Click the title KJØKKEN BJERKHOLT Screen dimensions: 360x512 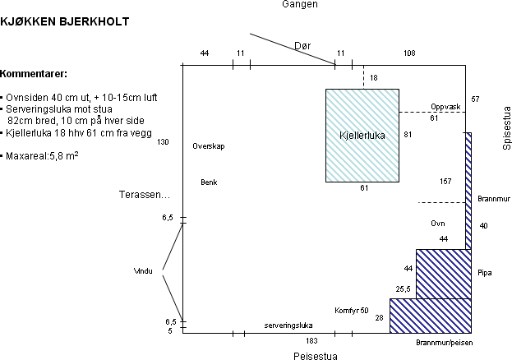(x=64, y=22)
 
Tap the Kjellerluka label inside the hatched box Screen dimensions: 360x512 (x=362, y=134)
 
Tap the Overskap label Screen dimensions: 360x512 (x=209, y=146)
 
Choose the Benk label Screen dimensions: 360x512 (x=209, y=182)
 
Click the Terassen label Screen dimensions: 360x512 (x=145, y=195)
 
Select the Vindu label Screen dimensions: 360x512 (x=143, y=270)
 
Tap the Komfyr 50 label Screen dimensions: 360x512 (x=352, y=311)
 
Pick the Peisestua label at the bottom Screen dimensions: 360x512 (x=315, y=356)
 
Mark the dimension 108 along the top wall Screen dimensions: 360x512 (x=409, y=53)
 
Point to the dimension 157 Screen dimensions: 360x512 (x=446, y=181)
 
